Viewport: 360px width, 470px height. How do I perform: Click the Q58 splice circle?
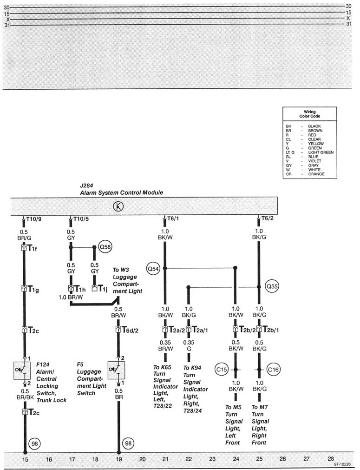(103, 246)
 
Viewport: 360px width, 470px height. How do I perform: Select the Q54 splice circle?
(153, 268)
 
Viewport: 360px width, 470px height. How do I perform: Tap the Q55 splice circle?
(272, 287)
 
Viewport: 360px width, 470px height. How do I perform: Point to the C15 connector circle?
(222, 370)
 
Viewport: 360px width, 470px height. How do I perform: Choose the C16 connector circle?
(274, 370)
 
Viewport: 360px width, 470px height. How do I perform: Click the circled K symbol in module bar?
(118, 206)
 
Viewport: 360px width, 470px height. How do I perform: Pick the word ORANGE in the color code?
(316, 174)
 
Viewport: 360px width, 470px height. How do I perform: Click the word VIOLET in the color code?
(315, 161)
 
